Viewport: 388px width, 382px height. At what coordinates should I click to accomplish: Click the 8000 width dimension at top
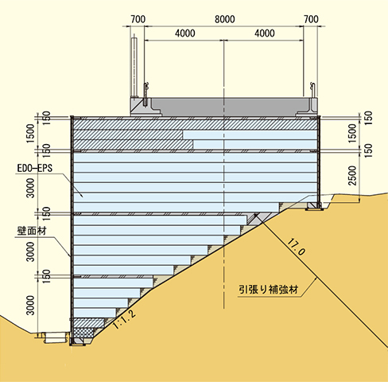[x=225, y=19]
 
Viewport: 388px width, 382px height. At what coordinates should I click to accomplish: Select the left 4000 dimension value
[x=185, y=33]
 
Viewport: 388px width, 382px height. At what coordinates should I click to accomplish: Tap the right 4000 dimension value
[x=265, y=33]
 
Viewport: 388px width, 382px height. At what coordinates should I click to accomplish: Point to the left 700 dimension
[x=138, y=19]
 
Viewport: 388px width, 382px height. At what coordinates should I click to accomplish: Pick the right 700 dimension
[x=311, y=19]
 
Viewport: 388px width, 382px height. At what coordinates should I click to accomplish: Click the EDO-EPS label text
[x=35, y=168]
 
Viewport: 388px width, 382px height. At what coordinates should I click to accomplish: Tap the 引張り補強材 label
[x=269, y=290]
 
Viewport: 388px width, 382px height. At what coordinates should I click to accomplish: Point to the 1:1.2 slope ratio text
[x=125, y=319]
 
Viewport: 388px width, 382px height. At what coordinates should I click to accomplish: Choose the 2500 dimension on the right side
[x=353, y=175]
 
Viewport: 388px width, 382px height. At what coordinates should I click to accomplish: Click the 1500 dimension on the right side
[x=353, y=133]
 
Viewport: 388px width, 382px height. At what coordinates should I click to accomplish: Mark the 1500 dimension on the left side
[x=30, y=133]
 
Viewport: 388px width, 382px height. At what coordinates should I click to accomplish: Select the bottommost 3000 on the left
[x=30, y=306]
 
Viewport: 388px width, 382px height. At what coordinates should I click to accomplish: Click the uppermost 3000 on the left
[x=30, y=188]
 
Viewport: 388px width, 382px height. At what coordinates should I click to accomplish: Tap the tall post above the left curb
[x=134, y=67]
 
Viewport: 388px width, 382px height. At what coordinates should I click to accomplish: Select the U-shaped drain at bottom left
[x=55, y=337]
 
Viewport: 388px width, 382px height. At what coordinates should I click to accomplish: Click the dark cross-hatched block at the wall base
[x=83, y=333]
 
